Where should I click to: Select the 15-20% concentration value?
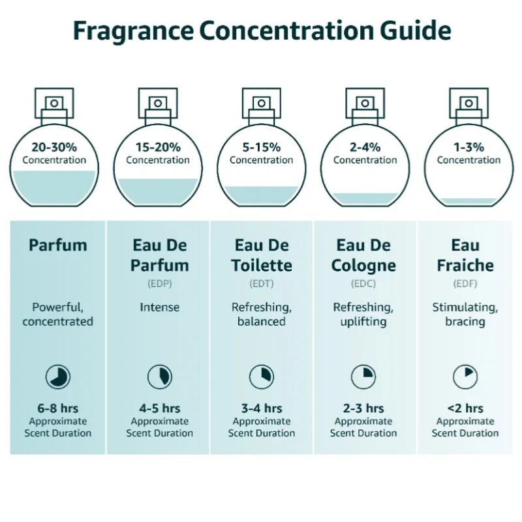(x=158, y=147)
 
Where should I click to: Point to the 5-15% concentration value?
(x=261, y=147)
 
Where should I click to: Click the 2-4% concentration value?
(x=365, y=147)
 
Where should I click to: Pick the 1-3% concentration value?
(x=468, y=147)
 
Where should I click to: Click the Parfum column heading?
(x=57, y=245)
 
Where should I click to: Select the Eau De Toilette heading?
(x=261, y=255)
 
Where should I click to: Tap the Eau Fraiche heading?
(x=466, y=255)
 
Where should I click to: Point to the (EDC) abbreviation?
(x=363, y=284)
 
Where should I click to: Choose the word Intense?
(x=159, y=307)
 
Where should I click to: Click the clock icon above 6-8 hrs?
(x=57, y=376)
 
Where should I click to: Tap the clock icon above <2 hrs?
(x=466, y=376)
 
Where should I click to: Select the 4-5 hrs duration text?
(x=159, y=408)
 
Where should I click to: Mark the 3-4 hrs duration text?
(x=261, y=408)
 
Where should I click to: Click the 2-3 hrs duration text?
(x=363, y=408)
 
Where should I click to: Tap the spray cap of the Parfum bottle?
(x=54, y=104)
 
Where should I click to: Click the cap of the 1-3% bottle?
(x=468, y=104)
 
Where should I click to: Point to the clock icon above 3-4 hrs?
(x=261, y=376)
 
